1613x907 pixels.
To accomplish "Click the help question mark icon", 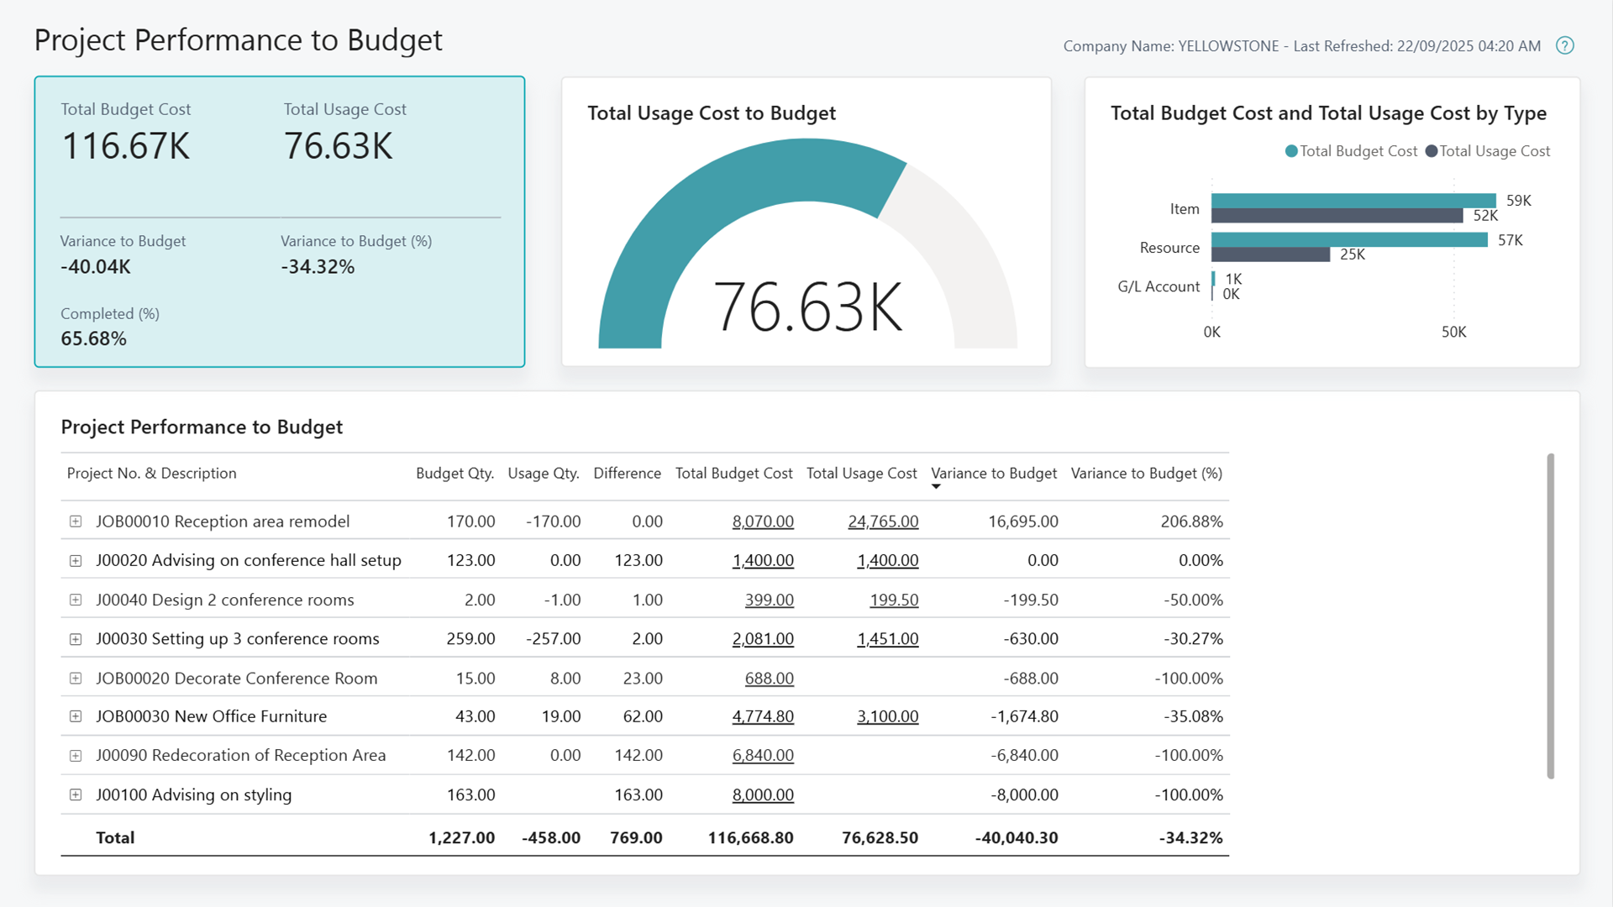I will point(1564,46).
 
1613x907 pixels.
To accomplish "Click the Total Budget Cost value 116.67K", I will point(126,147).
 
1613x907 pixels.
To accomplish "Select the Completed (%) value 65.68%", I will point(93,338).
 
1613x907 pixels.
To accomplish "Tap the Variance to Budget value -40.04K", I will point(96,267).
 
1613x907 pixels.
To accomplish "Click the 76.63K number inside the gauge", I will point(807,308).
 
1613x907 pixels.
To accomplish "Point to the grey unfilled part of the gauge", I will point(966,252).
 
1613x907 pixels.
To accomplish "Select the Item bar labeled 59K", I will point(1353,201).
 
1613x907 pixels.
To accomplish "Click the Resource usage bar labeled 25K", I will point(1270,254).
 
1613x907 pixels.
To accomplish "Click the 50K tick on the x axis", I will point(1453,332).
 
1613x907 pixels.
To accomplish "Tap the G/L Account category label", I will point(1159,286).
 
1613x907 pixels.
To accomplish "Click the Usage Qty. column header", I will point(543,474).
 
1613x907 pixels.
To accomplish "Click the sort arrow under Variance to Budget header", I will point(936,487).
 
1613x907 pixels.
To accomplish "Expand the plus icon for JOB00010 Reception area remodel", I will point(76,522).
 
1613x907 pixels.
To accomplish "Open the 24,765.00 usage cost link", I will point(883,522).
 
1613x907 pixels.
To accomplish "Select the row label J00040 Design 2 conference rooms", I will point(224,600).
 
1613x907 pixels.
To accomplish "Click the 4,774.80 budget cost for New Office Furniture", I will point(762,716).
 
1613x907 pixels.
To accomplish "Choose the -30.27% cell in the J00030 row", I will point(1192,639).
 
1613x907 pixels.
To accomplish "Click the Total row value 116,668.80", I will point(750,837).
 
